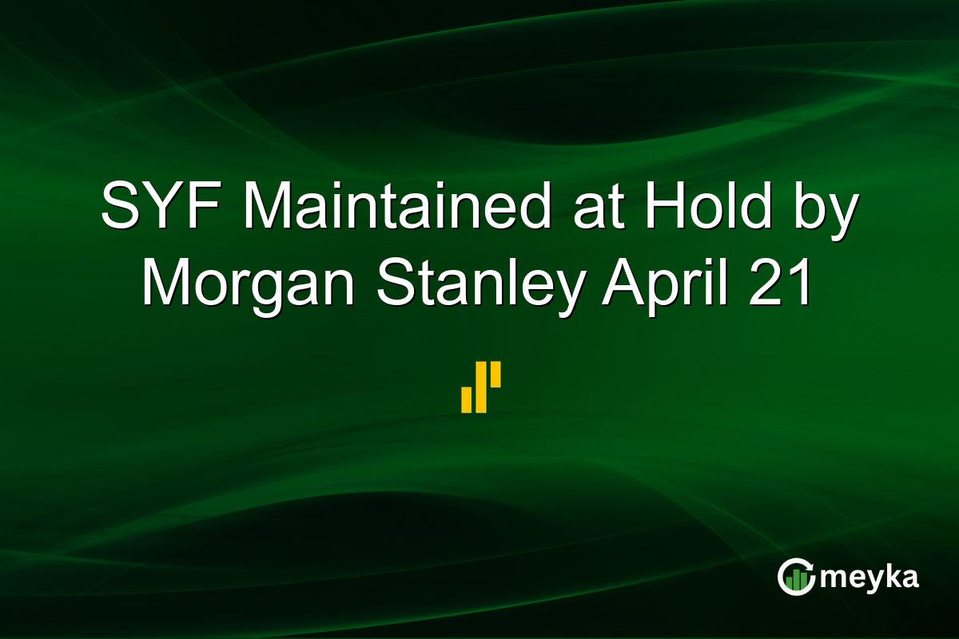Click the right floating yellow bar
(x=495, y=375)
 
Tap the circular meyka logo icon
(x=796, y=577)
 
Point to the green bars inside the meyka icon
(x=794, y=581)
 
